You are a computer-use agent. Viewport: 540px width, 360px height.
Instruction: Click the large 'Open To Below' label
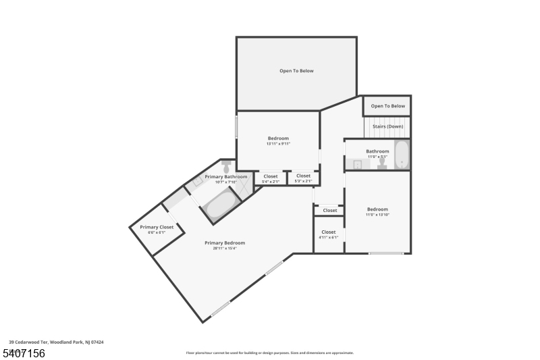[x=296, y=71]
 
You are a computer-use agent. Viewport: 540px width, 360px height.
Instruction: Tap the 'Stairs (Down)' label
[x=387, y=126]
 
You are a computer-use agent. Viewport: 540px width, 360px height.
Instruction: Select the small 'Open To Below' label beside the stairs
[x=387, y=106]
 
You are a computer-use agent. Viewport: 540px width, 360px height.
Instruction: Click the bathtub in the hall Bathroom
[x=402, y=155]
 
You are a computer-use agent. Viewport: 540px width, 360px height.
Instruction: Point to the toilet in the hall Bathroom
[x=382, y=163]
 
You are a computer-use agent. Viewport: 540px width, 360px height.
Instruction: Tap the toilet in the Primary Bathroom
[x=227, y=166]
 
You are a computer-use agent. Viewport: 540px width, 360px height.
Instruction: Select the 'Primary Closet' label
[x=157, y=227]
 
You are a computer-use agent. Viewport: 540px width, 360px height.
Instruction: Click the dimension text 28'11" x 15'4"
[x=225, y=249]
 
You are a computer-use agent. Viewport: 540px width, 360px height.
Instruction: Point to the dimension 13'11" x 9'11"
[x=278, y=144]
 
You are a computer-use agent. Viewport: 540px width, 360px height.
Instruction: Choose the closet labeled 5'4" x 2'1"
[x=270, y=178]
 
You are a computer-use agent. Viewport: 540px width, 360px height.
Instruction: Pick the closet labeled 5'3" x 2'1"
[x=303, y=178]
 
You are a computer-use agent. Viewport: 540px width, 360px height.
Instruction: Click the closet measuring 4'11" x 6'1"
[x=329, y=234]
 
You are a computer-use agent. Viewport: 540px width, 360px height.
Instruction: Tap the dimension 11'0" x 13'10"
[x=377, y=215]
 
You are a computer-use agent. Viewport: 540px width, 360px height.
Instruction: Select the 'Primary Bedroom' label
[x=225, y=242]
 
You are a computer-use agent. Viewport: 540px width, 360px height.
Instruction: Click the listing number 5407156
[x=23, y=353]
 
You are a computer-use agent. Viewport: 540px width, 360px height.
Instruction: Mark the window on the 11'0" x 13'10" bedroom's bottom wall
[x=386, y=253]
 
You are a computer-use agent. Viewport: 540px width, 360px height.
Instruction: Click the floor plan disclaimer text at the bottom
[x=269, y=353]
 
